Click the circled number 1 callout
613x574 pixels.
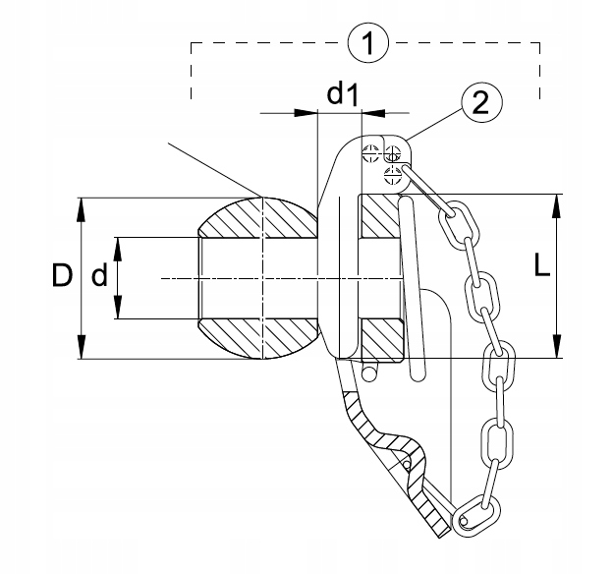368,42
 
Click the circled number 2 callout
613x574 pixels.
481,103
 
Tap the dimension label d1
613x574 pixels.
342,94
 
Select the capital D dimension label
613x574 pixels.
62,275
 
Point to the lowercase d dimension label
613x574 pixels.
99,275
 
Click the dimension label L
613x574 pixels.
542,265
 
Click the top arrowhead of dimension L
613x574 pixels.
557,205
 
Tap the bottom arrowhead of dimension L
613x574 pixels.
557,347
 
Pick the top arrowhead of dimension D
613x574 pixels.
81,209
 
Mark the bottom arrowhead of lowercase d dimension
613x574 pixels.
118,308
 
